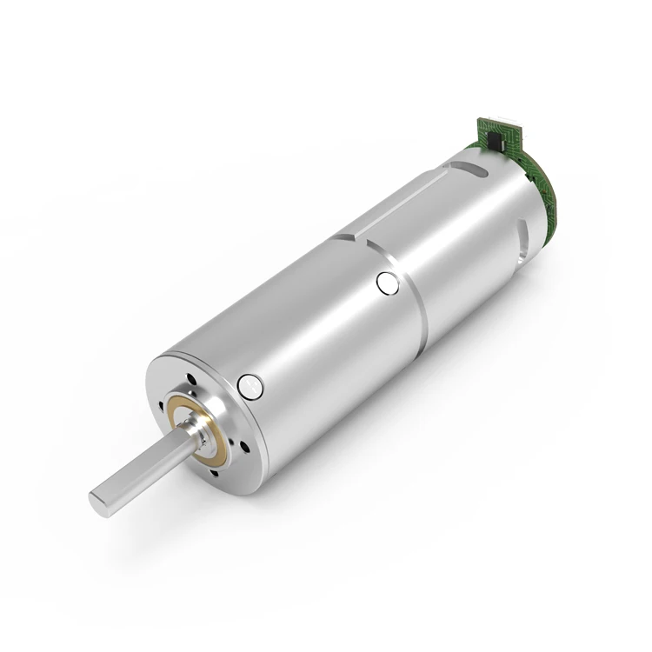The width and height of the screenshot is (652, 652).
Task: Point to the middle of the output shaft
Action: [139, 469]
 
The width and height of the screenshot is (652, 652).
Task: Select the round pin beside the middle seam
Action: [387, 283]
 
